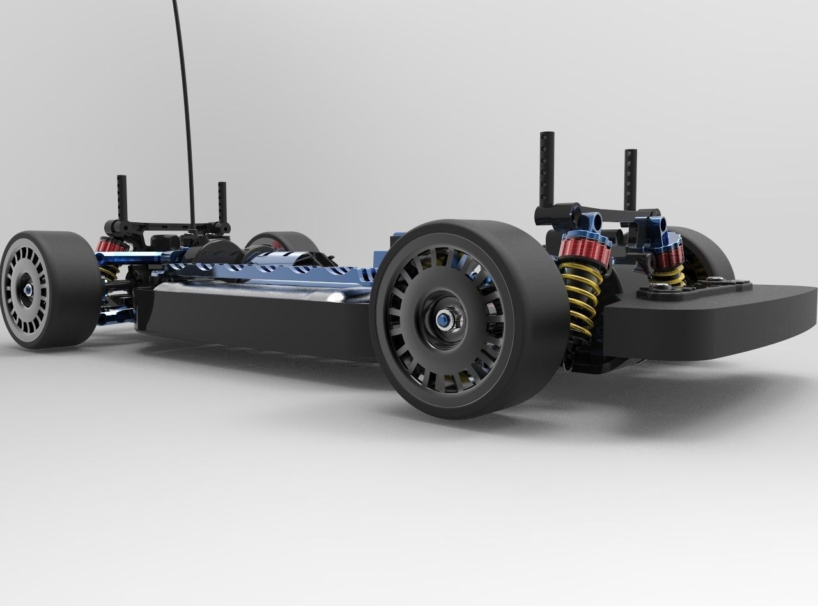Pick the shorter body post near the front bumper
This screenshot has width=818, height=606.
pyautogui.click(x=631, y=179)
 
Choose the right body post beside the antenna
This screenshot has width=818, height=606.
pyautogui.click(x=222, y=201)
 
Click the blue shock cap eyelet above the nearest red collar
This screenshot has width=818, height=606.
pyautogui.click(x=595, y=221)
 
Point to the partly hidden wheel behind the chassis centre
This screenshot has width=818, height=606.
pyautogui.click(x=281, y=241)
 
